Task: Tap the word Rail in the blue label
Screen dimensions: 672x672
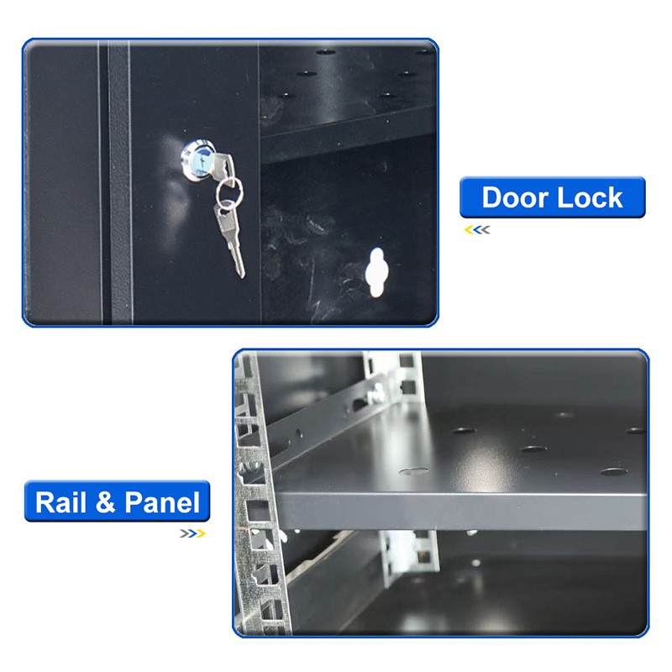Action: [x=60, y=501]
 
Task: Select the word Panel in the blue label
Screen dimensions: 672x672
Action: [x=162, y=502]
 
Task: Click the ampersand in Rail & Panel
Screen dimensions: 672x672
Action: [x=105, y=502]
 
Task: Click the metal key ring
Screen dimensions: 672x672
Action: [x=229, y=194]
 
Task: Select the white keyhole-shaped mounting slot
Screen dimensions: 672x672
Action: [x=376, y=272]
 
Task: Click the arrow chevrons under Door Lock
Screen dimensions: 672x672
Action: [x=477, y=230]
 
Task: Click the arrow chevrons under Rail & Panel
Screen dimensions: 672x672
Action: [x=192, y=533]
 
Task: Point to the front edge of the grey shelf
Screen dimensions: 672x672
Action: [x=460, y=511]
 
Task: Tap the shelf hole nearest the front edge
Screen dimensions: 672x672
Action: [x=413, y=471]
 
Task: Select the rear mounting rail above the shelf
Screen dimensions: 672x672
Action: [x=400, y=375]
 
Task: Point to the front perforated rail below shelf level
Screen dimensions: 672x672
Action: [x=261, y=570]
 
